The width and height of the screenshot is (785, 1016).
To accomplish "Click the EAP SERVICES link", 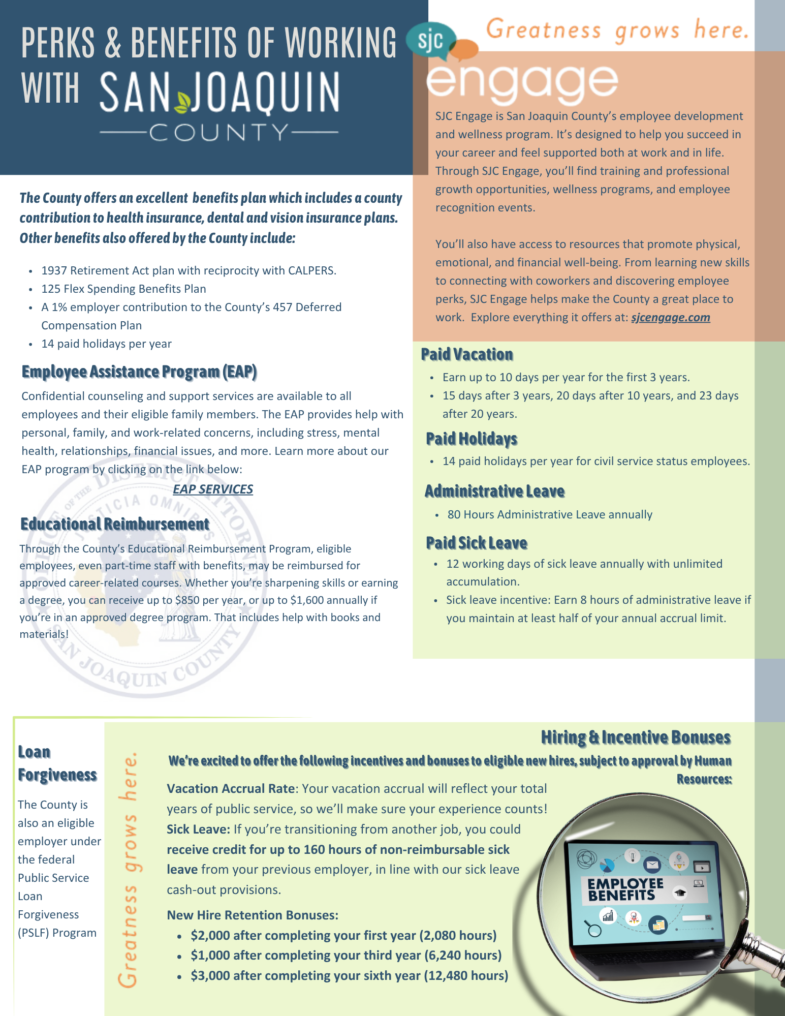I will tap(213, 489).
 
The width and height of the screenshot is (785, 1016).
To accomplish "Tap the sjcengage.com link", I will tap(670, 318).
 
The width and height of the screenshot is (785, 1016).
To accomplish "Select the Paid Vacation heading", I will tap(467, 354).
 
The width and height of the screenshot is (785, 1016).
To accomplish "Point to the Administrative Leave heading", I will tap(494, 491).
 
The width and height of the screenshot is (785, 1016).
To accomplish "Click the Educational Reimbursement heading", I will tap(115, 524).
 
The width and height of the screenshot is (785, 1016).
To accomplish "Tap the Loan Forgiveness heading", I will tap(57, 763).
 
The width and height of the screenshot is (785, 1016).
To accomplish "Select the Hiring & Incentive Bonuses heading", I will tap(635, 737).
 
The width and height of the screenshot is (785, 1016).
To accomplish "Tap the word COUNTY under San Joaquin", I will tap(219, 133).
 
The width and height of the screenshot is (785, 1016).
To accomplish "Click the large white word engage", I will tap(522, 81).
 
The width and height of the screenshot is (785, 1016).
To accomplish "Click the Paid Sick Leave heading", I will tap(477, 543).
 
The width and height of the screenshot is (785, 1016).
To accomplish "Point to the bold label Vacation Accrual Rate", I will tap(231, 788).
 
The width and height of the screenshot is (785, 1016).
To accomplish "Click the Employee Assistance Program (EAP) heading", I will tap(139, 372).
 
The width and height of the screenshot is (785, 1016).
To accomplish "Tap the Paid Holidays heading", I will tap(472, 438).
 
